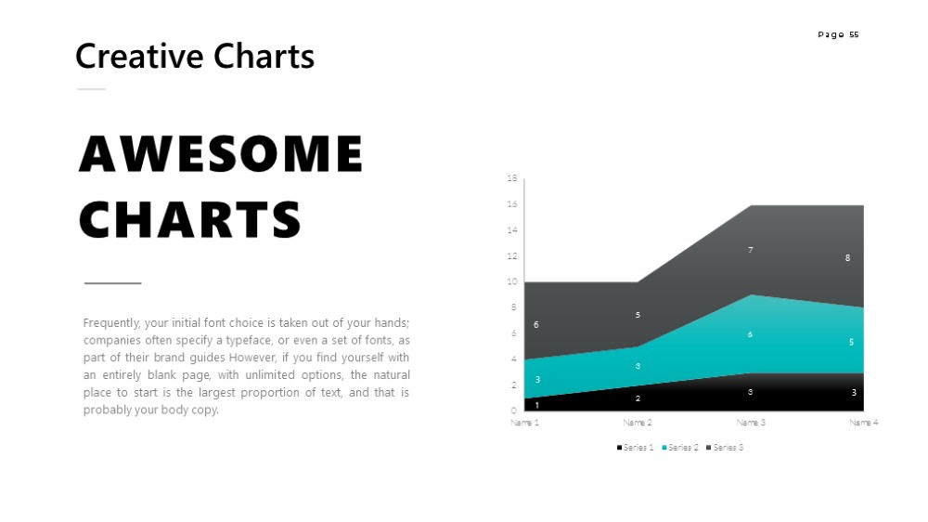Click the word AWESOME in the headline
(x=221, y=153)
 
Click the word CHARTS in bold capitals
(x=190, y=219)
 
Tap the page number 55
(x=854, y=34)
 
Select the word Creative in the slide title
(x=139, y=57)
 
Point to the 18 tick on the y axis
(x=512, y=177)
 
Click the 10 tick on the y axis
(x=512, y=281)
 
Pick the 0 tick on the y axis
(x=514, y=410)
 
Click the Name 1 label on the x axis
(x=525, y=423)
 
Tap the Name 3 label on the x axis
(x=751, y=423)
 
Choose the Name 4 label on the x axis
(x=864, y=423)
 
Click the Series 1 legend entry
(x=635, y=448)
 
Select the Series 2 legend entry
(x=680, y=448)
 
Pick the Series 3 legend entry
(x=725, y=448)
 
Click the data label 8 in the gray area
(x=847, y=257)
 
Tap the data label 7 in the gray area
(x=751, y=250)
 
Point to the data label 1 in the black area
(x=536, y=405)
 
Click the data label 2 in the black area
(x=638, y=398)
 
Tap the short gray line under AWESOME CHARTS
(x=112, y=283)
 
